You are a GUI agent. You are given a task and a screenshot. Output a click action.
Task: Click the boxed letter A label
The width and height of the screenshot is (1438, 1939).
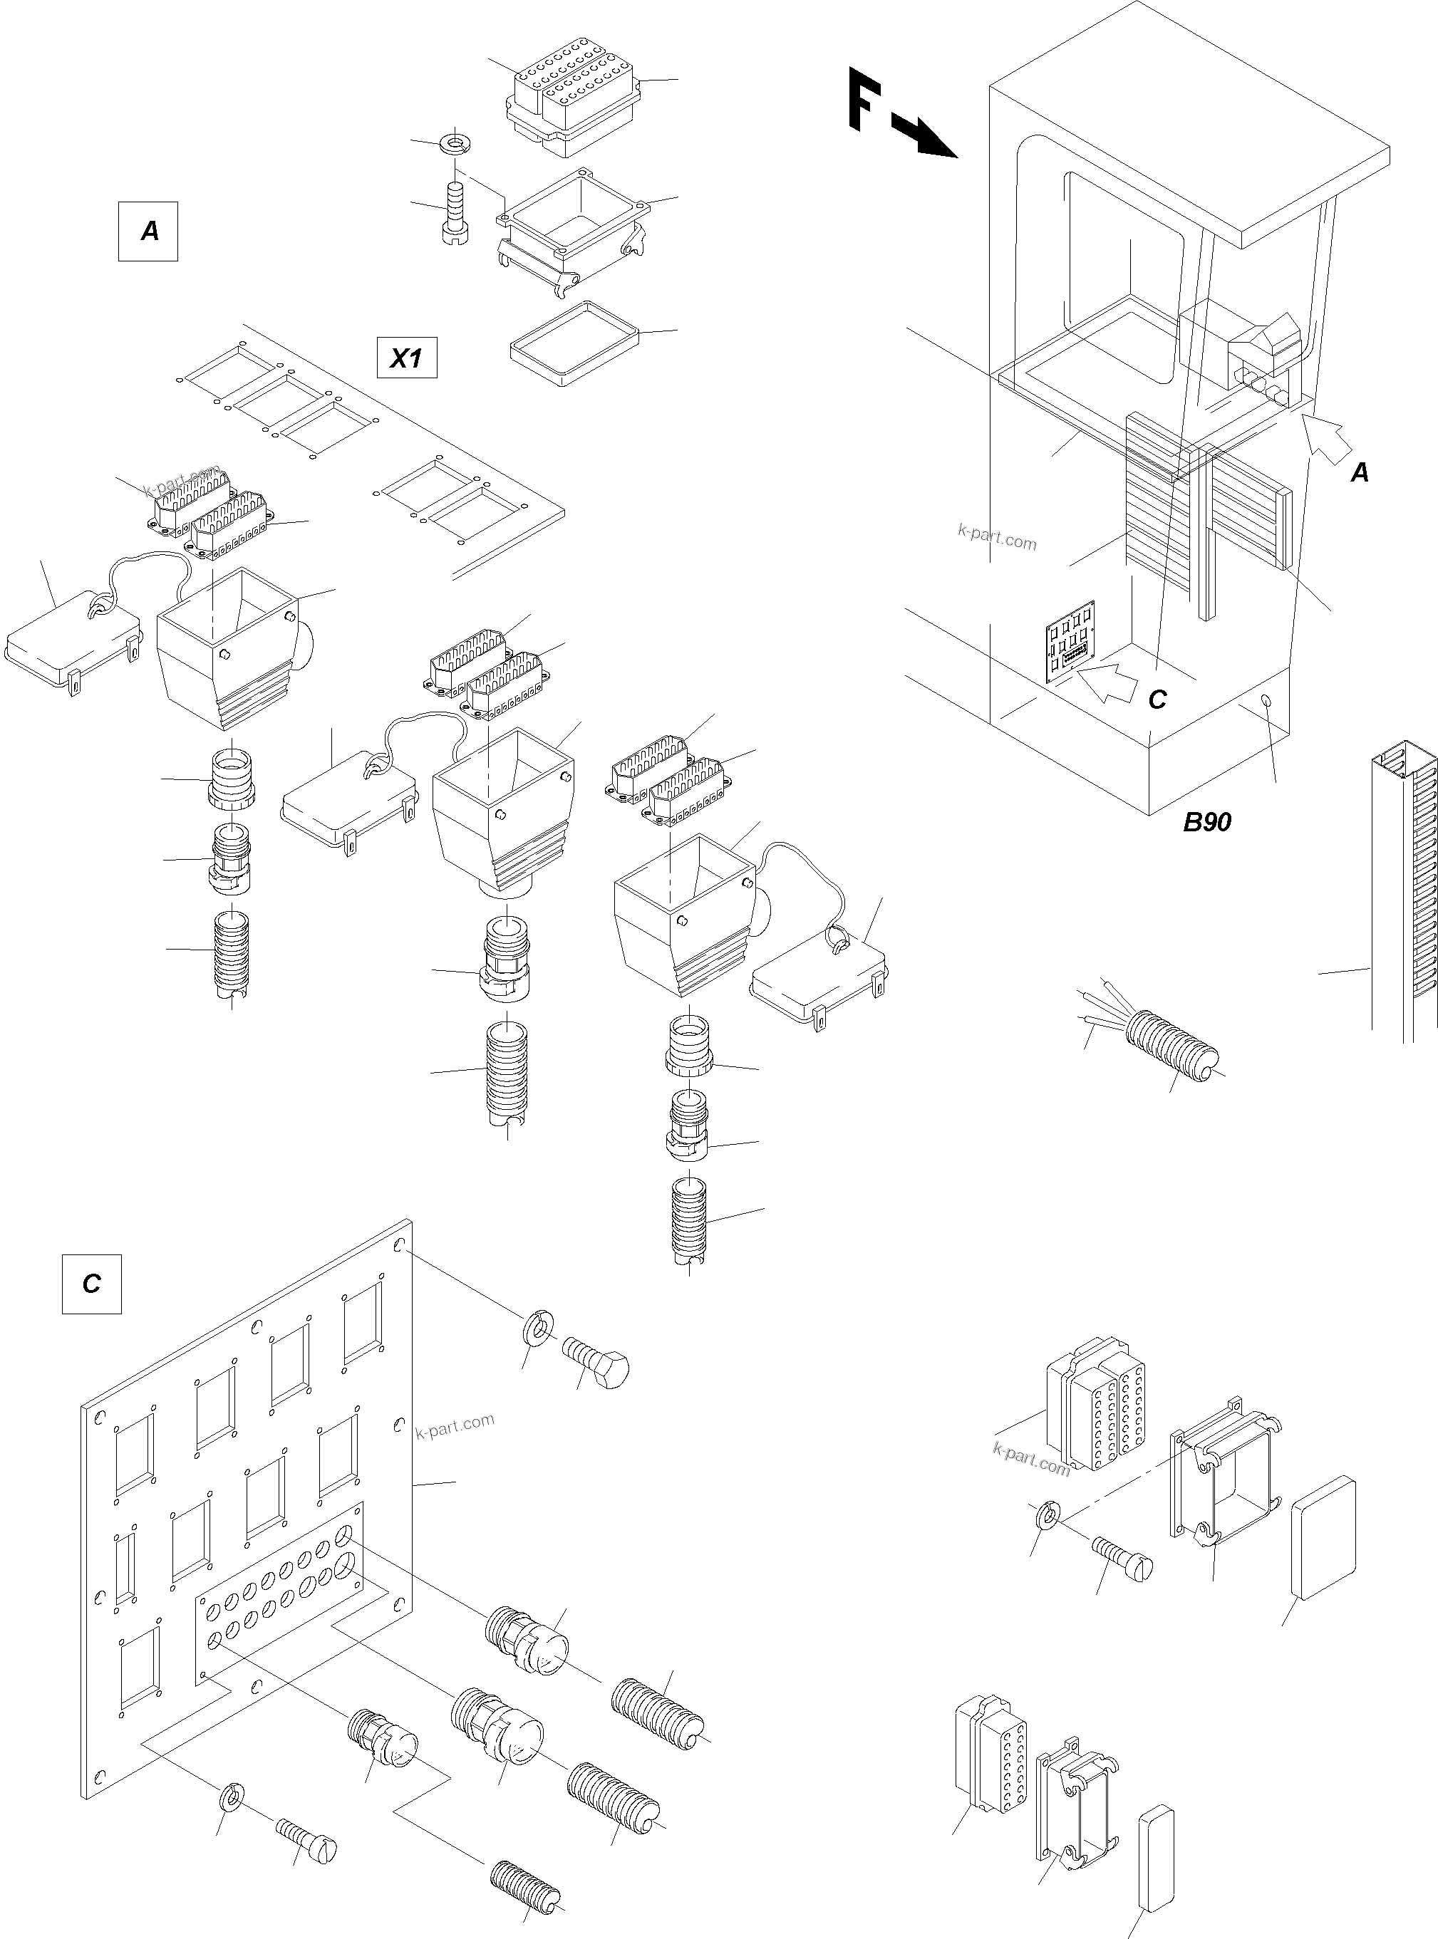pos(148,232)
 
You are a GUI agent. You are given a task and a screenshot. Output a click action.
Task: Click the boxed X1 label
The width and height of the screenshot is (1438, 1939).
pos(406,358)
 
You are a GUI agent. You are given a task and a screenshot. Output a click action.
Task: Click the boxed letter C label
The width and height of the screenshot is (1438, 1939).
pos(91,1284)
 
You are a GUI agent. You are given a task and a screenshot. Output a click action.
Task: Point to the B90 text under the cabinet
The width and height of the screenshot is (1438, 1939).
pos(1206,821)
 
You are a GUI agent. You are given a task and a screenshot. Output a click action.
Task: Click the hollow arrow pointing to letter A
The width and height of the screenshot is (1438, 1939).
pos(1327,439)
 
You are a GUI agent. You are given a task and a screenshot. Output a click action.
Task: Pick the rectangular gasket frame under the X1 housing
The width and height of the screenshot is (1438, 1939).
pos(574,344)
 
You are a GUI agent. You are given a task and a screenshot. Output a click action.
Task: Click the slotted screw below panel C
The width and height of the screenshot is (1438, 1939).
pos(307,1839)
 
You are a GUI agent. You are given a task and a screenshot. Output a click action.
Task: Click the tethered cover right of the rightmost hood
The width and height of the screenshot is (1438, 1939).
pos(818,977)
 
